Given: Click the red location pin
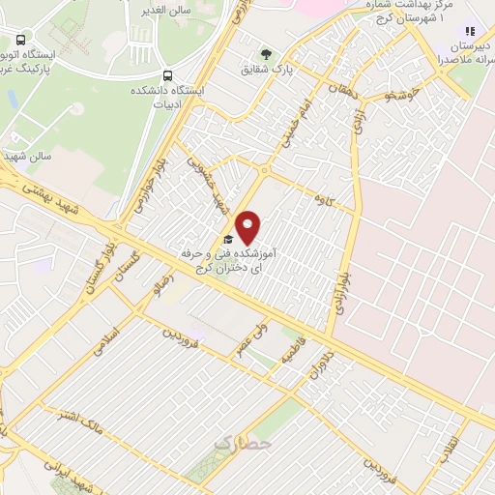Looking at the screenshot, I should click(x=248, y=227).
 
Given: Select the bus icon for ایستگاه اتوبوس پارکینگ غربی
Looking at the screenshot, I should click(x=21, y=41).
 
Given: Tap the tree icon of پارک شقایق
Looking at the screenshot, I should click(x=268, y=53).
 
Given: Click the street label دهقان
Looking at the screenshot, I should click(x=341, y=93).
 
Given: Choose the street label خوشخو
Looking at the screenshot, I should click(x=398, y=96).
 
